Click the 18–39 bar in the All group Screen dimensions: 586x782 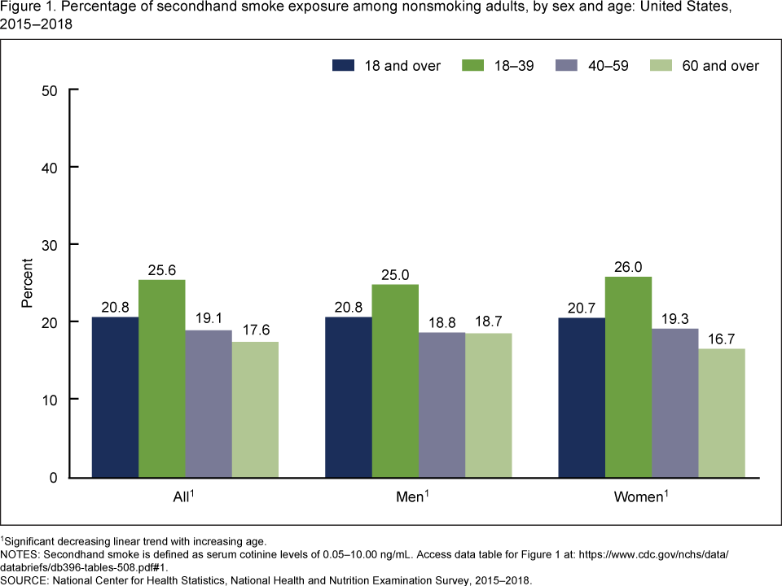tap(162, 378)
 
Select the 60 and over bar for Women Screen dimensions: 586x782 tap(722, 413)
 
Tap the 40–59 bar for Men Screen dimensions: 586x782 tap(442, 405)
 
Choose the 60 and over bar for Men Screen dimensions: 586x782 tap(489, 405)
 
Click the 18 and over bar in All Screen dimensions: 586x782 tap(115, 397)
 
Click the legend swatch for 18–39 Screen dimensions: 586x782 tap(474, 66)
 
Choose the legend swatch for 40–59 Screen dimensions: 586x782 tap(567, 66)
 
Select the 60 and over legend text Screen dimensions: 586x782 tap(721, 66)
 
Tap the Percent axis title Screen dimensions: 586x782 tap(26, 283)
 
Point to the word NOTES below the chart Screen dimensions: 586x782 tap(21, 553)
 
